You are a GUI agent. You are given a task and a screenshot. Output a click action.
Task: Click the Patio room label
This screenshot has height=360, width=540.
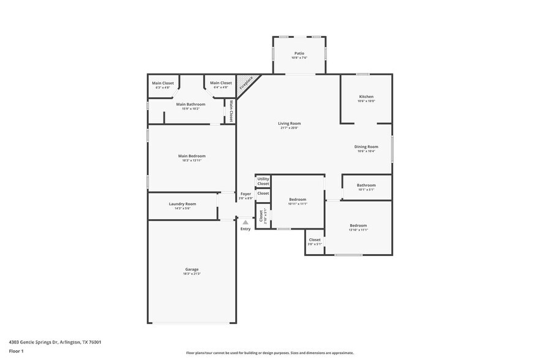tap(299, 53)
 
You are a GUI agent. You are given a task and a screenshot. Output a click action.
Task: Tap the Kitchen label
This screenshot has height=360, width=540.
tap(366, 97)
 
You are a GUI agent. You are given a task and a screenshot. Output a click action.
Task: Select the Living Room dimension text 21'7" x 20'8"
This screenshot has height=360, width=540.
tap(290, 128)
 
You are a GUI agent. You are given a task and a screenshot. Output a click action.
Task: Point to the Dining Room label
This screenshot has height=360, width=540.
tap(366, 146)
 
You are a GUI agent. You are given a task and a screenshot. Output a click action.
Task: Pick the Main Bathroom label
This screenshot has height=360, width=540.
tap(191, 104)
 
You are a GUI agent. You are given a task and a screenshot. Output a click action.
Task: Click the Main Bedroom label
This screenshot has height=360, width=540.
tap(192, 156)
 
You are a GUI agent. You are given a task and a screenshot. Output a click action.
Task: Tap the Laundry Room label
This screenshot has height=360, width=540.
tap(182, 204)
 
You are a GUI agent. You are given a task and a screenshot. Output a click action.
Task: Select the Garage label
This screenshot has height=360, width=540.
tap(192, 269)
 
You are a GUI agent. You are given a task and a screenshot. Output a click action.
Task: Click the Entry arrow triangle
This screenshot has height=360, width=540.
tap(246, 222)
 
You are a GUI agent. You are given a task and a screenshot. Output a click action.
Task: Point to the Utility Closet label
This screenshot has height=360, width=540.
tap(263, 181)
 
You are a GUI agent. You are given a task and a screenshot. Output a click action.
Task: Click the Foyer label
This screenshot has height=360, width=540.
tap(246, 194)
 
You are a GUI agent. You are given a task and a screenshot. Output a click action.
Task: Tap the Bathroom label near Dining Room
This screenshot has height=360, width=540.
tap(366, 185)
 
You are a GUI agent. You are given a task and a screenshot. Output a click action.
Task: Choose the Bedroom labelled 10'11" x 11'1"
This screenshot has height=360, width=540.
tap(297, 200)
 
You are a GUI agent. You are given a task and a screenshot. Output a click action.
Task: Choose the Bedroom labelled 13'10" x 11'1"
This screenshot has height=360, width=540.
tap(358, 225)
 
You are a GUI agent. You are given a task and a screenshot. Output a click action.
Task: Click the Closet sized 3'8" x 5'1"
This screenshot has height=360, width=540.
tap(315, 241)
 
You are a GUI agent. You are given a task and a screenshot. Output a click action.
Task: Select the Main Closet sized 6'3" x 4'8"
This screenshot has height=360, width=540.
tap(163, 84)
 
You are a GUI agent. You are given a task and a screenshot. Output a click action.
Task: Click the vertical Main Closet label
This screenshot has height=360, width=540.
tap(231, 111)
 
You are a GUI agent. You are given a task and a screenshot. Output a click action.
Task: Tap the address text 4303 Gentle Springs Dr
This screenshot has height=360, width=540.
tap(55, 342)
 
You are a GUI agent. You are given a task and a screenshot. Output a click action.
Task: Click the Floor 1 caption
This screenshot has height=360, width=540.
tap(16, 351)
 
